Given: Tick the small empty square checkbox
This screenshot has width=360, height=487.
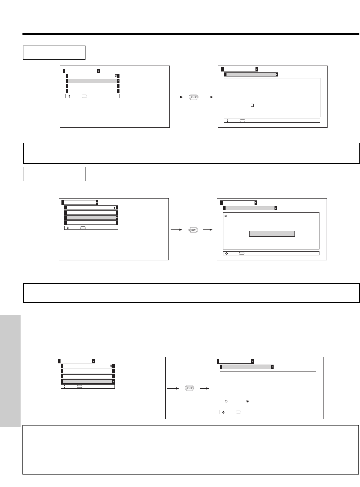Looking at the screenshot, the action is tap(252, 106).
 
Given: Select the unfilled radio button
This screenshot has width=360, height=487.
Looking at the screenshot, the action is tap(226, 401).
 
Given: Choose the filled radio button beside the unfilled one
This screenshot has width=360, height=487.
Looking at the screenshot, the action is tap(247, 401).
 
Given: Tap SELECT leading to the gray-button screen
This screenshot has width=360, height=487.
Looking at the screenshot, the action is tap(193, 230).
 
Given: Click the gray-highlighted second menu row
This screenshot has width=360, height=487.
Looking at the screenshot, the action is tap(92, 81).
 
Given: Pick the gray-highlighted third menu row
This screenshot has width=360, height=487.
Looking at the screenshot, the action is tap(91, 218).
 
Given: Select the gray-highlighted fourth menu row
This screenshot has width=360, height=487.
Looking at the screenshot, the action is tap(88, 381).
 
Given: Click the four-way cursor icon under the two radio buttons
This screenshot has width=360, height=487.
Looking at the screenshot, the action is tap(223, 412).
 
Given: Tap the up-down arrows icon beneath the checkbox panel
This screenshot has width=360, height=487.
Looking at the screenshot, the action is tap(227, 121).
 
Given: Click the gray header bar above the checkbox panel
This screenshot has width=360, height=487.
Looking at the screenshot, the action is tap(251, 75).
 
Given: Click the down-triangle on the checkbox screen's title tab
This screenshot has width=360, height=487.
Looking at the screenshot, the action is tap(257, 69).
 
